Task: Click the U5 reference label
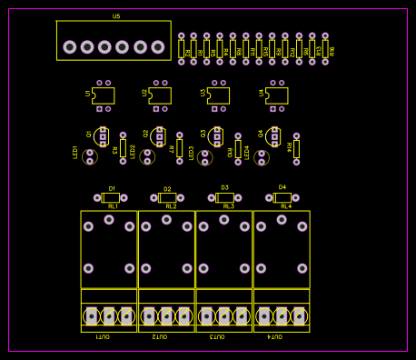click(116, 16)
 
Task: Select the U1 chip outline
click(104, 95)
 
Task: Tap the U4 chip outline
click(277, 95)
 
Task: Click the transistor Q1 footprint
click(102, 136)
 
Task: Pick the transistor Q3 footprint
click(216, 136)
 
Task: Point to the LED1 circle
click(89, 156)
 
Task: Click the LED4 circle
click(262, 156)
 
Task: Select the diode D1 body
click(111, 197)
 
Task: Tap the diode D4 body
click(282, 197)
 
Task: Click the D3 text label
click(224, 188)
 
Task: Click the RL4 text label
click(286, 206)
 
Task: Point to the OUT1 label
click(103, 336)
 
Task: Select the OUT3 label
click(217, 336)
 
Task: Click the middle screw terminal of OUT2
click(166, 315)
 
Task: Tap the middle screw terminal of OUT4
click(282, 315)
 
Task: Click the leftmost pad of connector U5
click(70, 47)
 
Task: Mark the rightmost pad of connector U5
click(158, 47)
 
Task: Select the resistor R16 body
click(325, 49)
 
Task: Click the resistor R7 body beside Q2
click(179, 147)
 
